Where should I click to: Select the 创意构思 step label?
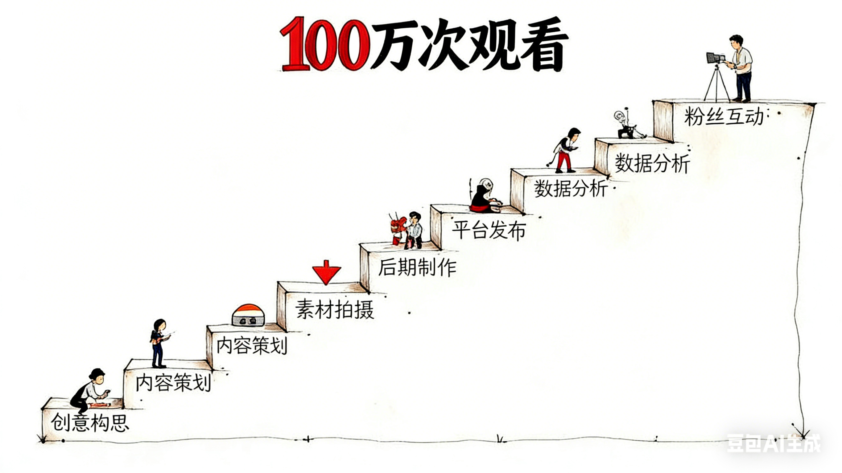90,422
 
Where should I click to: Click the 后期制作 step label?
417,268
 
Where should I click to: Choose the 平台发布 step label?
489,230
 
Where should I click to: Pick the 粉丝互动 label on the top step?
724,117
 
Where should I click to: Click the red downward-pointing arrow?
326,272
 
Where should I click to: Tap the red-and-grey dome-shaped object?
248,316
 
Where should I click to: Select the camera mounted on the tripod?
715,58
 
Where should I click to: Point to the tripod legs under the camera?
716,85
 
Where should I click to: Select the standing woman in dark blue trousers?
159,343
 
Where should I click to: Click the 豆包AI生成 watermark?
773,443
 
